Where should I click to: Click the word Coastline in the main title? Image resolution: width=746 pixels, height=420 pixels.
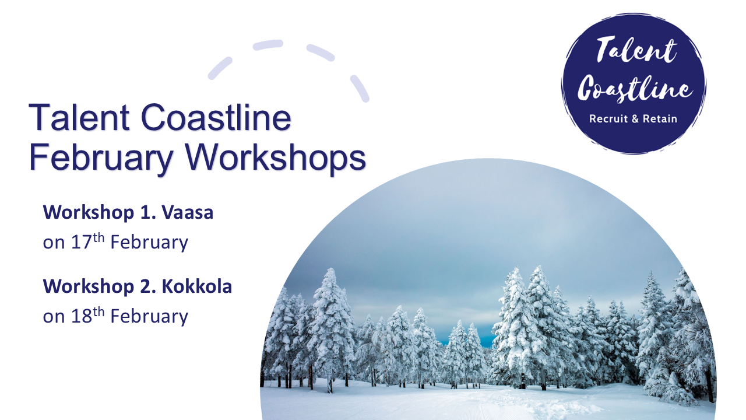pos(216,117)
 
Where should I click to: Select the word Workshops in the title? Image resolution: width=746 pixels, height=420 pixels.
pos(275,157)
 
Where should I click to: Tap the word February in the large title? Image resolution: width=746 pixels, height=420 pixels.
pos(101,157)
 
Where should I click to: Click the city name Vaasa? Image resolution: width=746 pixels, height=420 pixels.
pos(188,212)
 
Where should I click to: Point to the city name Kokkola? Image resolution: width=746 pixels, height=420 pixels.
pos(197,286)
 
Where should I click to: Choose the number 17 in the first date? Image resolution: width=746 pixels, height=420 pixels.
pos(81,242)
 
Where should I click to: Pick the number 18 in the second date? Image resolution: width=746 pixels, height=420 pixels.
pos(81,316)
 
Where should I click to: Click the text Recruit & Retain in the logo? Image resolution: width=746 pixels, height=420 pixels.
pos(633,118)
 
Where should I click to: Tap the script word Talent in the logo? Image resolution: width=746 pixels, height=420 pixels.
pos(636,50)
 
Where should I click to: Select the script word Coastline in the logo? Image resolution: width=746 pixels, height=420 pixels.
pos(635,87)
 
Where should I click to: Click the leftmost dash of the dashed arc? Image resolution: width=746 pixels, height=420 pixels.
pos(220,68)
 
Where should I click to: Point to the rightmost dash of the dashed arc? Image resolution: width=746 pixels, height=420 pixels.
pos(360,88)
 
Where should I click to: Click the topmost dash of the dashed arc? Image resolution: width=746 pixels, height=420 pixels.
pos(268,45)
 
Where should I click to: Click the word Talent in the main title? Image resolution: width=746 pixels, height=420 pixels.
pos(79,117)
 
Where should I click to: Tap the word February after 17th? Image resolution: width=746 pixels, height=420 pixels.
pos(149,242)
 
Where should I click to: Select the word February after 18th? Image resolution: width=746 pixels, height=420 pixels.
pos(149,316)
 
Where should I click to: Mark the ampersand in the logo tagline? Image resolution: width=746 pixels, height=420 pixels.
pos(633,118)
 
